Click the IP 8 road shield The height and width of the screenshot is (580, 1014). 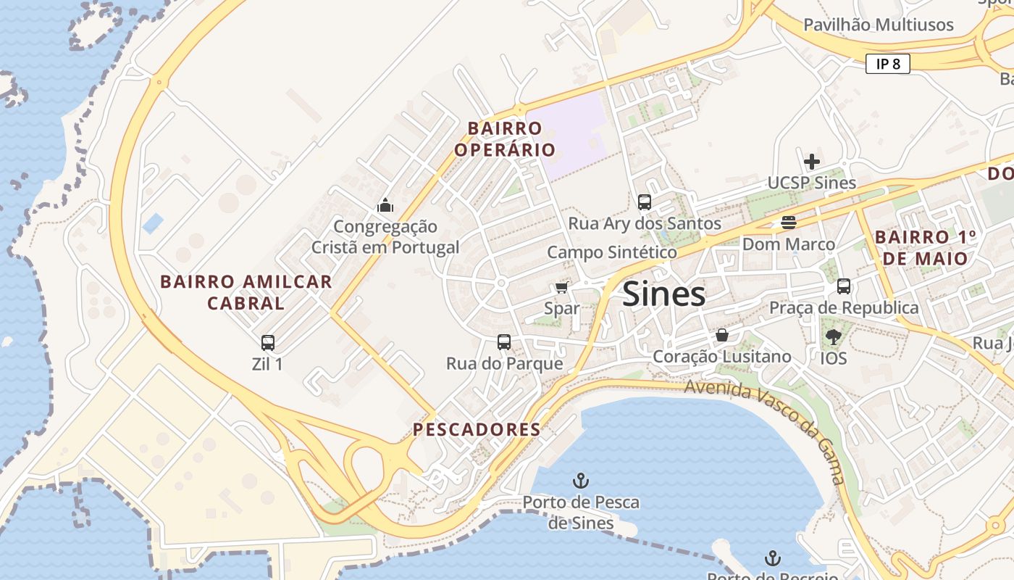887,64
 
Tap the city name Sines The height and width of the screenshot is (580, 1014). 663,294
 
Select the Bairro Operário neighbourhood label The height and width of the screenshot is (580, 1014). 505,139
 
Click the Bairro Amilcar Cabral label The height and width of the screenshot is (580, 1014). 246,292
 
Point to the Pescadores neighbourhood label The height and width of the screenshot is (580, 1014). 477,429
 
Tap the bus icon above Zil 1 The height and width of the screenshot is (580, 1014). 268,342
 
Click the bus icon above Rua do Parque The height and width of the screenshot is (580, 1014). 504,341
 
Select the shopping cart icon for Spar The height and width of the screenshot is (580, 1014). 561,288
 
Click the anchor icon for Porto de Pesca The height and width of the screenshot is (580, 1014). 580,480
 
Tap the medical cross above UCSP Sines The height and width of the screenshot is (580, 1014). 812,161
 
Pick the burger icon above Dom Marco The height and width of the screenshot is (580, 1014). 789,223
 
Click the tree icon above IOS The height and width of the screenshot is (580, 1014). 834,336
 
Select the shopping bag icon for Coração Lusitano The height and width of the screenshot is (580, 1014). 722,335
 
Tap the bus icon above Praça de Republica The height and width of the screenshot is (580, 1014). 844,286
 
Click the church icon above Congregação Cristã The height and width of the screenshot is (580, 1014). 385,205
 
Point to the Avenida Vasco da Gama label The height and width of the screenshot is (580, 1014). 768,428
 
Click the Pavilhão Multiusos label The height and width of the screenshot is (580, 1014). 878,25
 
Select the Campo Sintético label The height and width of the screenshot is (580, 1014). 612,252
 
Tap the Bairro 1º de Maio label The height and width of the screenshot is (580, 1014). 926,248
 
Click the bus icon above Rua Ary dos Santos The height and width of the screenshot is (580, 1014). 645,202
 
